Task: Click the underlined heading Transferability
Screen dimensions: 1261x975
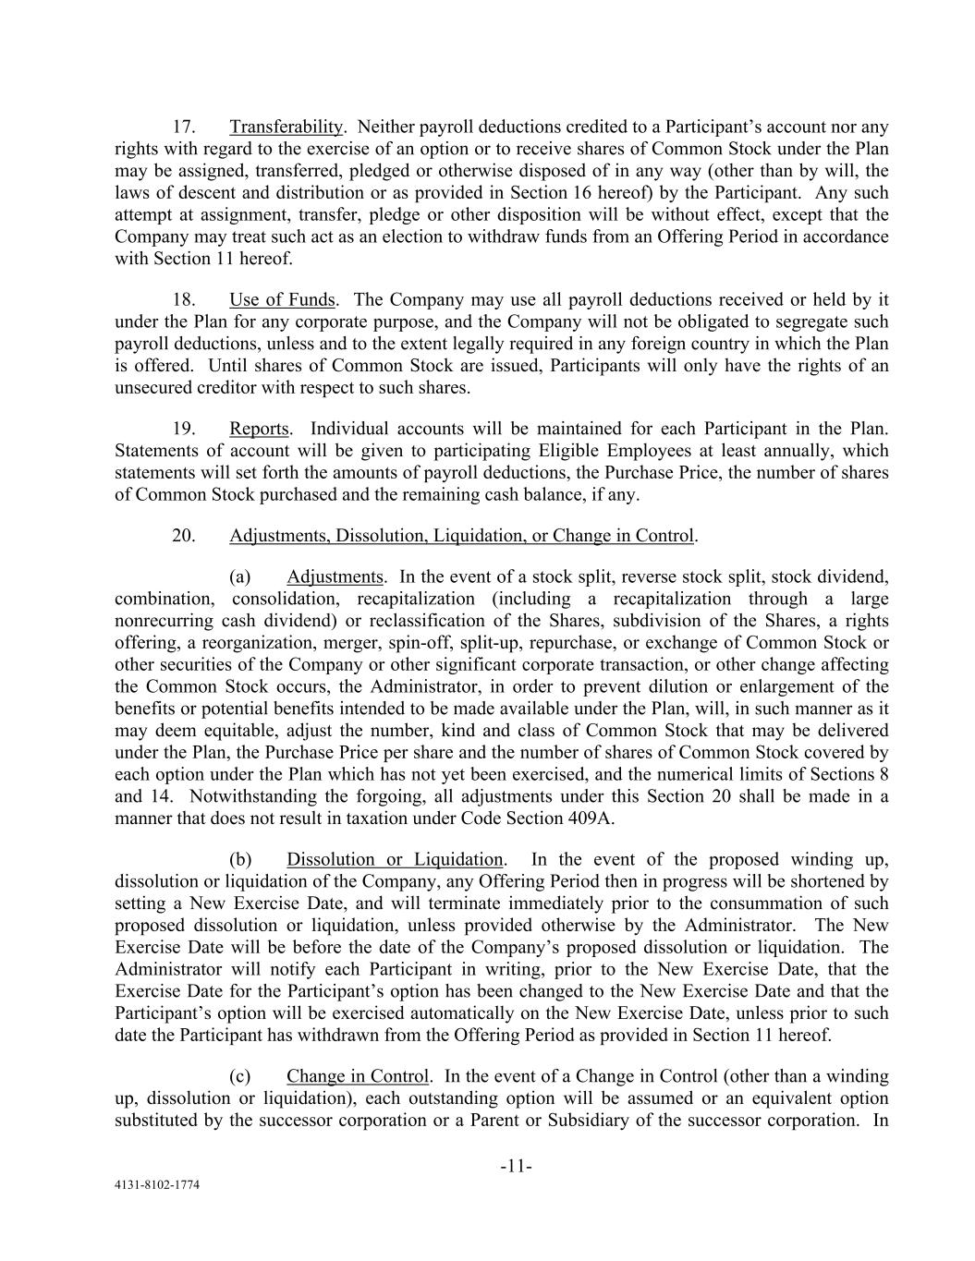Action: (x=286, y=127)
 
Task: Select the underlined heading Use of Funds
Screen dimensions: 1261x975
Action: (x=282, y=300)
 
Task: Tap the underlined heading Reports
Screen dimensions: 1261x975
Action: (x=259, y=430)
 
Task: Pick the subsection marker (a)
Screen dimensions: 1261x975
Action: (x=239, y=577)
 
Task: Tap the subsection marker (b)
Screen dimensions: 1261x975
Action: (x=239, y=860)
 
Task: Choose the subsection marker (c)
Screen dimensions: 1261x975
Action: (x=239, y=1077)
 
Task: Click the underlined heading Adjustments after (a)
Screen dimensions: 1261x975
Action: (x=335, y=577)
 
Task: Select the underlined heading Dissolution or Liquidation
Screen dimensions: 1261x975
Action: (x=395, y=860)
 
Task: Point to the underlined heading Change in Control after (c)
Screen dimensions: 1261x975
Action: (x=358, y=1077)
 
